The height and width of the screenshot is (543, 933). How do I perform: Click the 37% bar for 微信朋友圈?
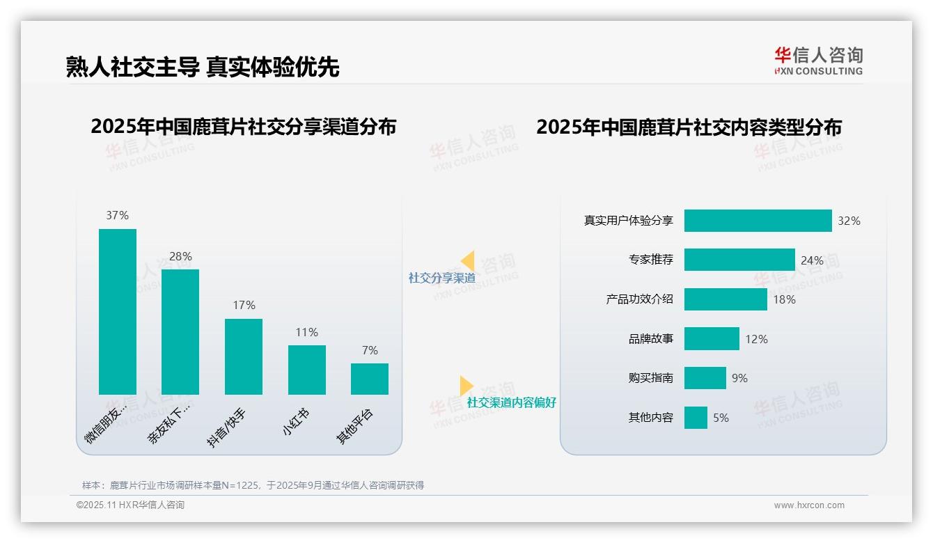click(118, 311)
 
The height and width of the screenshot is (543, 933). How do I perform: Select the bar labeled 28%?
click(180, 331)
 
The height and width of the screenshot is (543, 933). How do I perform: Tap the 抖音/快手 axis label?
click(228, 427)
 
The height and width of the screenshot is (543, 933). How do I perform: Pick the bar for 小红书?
click(306, 370)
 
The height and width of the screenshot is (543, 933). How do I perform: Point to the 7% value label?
click(370, 350)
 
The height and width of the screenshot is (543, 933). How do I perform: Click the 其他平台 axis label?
click(355, 425)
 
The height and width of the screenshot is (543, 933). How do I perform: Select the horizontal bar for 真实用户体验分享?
click(758, 221)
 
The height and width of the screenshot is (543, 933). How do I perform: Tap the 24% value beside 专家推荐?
click(812, 260)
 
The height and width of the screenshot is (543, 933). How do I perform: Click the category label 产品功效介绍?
click(639, 299)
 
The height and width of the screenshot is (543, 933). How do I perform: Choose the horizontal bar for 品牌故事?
click(712, 339)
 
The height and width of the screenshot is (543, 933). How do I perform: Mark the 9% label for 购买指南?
click(739, 378)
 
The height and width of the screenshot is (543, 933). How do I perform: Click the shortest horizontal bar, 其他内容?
click(696, 418)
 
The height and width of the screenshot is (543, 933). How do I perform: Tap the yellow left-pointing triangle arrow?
click(467, 261)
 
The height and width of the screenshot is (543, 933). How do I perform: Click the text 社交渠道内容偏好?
click(511, 402)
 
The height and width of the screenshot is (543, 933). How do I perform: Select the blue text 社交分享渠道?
click(441, 278)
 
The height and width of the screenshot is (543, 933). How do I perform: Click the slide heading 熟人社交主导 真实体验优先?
click(202, 67)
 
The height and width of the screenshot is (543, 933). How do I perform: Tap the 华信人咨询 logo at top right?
click(818, 61)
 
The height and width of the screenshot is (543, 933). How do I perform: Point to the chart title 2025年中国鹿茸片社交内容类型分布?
click(689, 127)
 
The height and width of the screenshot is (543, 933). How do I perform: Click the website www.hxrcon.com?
click(809, 505)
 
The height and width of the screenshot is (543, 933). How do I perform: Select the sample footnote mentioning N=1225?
click(253, 485)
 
